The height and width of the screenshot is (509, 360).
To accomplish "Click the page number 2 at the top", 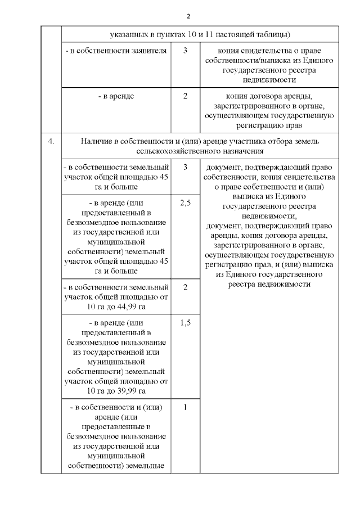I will (x=189, y=15).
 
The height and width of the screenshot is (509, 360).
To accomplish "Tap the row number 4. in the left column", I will (x=51, y=141).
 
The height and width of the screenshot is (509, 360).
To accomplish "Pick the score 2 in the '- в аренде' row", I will (x=186, y=96).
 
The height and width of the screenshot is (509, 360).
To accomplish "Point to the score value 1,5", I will (x=186, y=323).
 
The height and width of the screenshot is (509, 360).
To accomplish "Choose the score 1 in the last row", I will (x=186, y=408).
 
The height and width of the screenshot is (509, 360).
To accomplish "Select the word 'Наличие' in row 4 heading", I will (x=94, y=141).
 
